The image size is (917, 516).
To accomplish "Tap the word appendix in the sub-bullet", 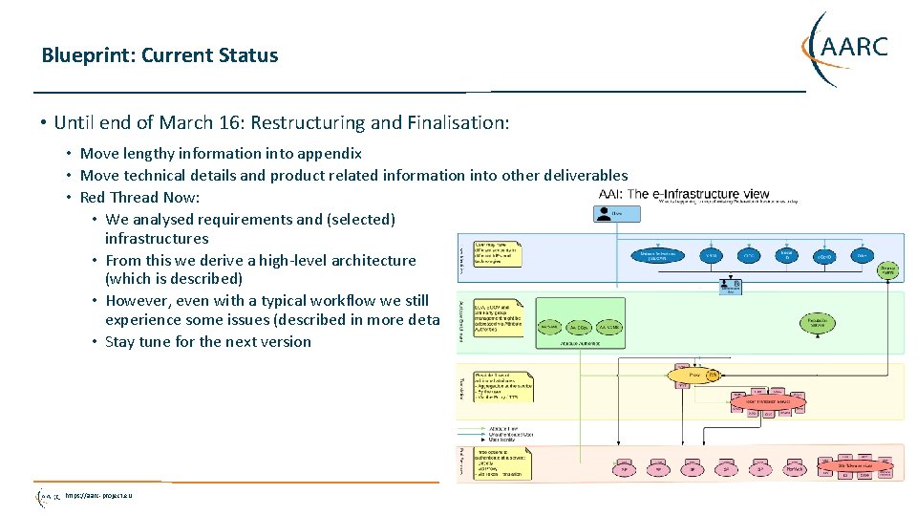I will click(x=329, y=153).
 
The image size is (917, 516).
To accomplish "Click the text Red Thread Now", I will click(x=139, y=197).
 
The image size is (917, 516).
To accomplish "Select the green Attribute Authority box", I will click(x=578, y=327).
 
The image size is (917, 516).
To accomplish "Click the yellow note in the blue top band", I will click(x=496, y=254).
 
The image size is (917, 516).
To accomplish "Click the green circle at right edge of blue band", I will click(x=887, y=269).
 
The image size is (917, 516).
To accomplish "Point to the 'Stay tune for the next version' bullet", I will click(x=207, y=341).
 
